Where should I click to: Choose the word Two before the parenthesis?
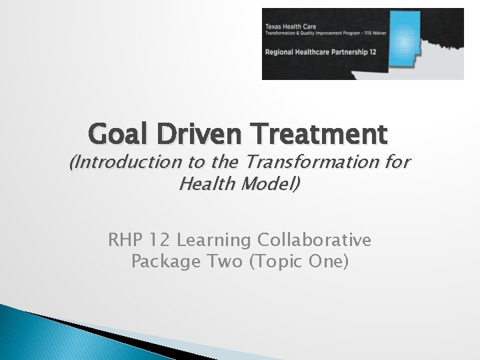click(x=223, y=261)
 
